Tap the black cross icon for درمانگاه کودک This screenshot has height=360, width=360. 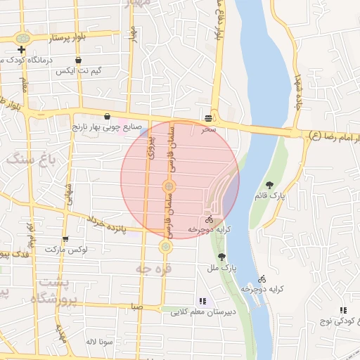pyautogui.click(x=22, y=49)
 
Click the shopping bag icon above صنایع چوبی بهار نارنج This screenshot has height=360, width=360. pyautogui.click(x=107, y=117)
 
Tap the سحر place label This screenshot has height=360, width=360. pyautogui.click(x=208, y=129)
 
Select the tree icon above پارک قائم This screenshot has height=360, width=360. pyautogui.click(x=269, y=185)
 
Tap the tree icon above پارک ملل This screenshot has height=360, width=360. pyautogui.click(x=223, y=257)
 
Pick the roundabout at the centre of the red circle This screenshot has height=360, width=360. pyautogui.click(x=169, y=186)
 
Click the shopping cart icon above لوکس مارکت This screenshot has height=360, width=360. pyautogui.click(x=65, y=239)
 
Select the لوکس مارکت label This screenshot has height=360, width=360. pyautogui.click(x=65, y=250)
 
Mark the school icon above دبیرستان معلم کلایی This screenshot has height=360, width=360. pyautogui.click(x=202, y=301)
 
